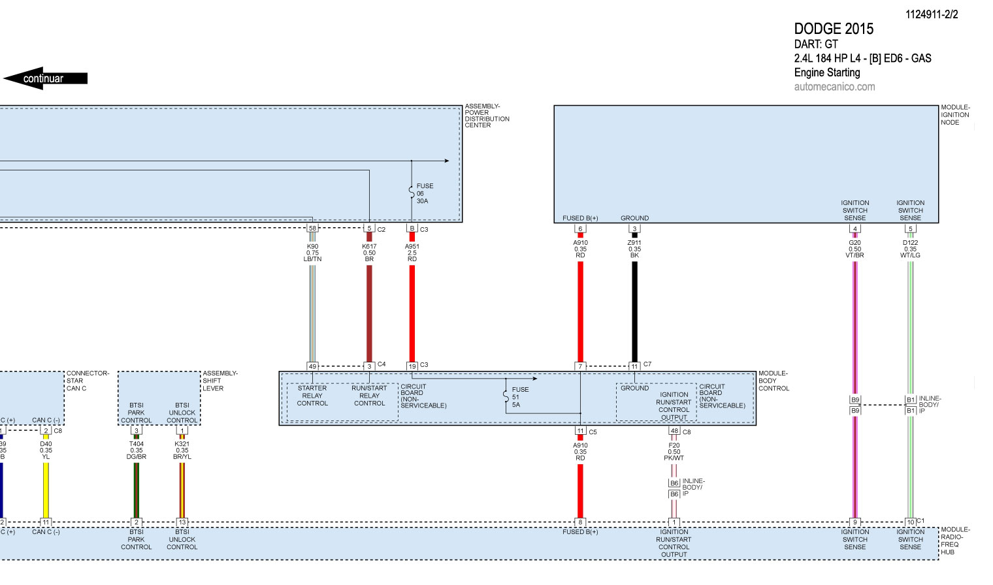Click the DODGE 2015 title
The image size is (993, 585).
point(833,29)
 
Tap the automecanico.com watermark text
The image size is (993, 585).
point(834,87)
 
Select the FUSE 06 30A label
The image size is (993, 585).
point(425,193)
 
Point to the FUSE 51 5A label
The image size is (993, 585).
point(520,397)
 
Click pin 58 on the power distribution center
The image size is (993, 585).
point(312,229)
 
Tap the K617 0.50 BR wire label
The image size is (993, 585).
point(369,253)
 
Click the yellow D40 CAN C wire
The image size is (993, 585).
point(46,490)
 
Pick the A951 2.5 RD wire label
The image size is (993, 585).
point(412,253)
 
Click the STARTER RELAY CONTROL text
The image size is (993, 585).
point(312,396)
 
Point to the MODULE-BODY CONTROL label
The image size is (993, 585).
point(773,381)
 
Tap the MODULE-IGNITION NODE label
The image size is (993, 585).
point(954,115)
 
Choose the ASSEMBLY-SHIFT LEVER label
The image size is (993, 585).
point(220,381)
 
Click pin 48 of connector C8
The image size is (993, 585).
point(674,431)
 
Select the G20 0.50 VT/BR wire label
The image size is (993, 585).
point(855,249)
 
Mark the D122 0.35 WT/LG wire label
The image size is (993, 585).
point(910,249)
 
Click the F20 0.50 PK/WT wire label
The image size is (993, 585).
point(674,451)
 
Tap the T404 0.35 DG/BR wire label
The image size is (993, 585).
point(136,450)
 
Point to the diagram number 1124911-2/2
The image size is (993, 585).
point(931,14)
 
